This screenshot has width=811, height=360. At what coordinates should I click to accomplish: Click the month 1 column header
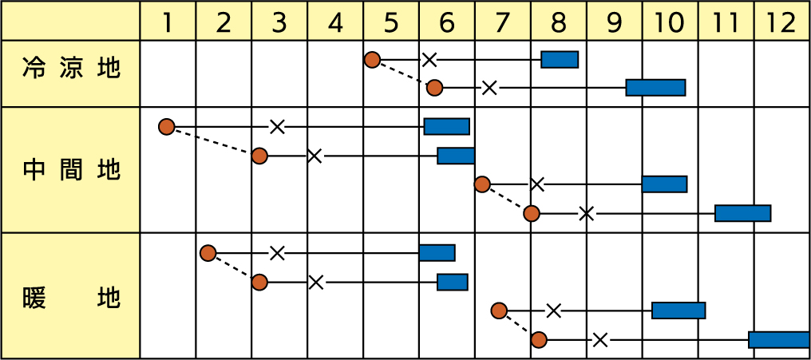[x=168, y=22]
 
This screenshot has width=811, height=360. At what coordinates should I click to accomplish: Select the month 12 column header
[x=782, y=22]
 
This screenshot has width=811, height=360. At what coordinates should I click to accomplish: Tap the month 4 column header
[x=335, y=22]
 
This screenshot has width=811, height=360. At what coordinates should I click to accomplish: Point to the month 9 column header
[x=614, y=22]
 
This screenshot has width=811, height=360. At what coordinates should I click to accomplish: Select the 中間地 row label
[x=72, y=170]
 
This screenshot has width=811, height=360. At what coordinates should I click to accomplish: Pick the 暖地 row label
[x=72, y=298]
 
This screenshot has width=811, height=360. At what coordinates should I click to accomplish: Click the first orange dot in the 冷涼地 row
[x=371, y=59]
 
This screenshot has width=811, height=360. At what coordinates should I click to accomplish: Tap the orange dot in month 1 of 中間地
[x=166, y=126]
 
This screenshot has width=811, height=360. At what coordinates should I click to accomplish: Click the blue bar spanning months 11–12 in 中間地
[x=742, y=213]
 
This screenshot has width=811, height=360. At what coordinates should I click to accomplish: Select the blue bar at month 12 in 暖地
[x=779, y=340]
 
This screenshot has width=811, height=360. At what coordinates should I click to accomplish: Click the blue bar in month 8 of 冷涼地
[x=560, y=59]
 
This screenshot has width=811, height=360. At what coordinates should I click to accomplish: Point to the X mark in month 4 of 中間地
[x=315, y=156]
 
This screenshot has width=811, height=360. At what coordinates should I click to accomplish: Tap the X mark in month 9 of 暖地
[x=600, y=340]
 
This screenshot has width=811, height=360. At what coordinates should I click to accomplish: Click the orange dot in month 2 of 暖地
[x=208, y=253]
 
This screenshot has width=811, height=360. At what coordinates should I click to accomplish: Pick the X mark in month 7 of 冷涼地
[x=489, y=88]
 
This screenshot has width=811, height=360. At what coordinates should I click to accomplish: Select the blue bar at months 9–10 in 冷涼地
[x=655, y=88]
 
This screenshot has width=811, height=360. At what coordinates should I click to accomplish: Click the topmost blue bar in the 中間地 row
[x=446, y=126]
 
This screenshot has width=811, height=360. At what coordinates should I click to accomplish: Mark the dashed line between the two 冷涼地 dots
[x=403, y=73]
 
